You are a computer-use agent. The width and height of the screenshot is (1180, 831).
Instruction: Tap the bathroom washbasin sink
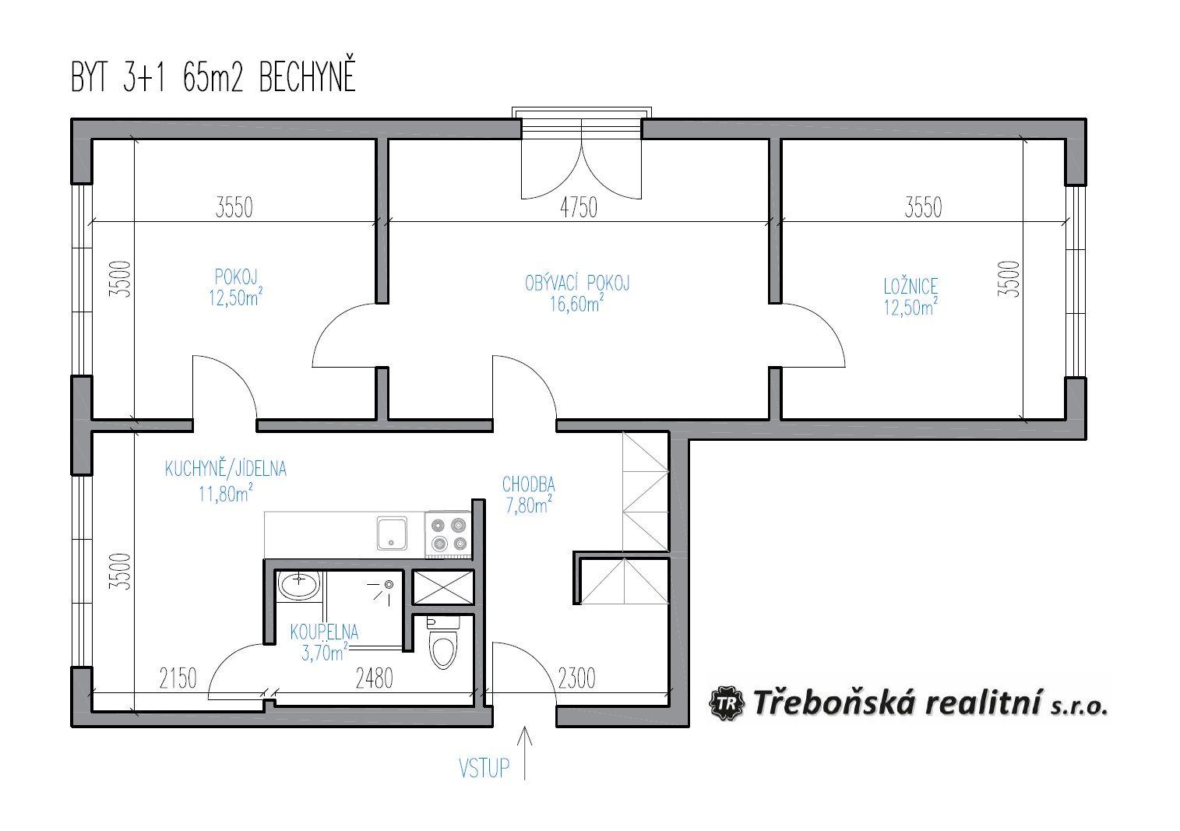coord(298,585)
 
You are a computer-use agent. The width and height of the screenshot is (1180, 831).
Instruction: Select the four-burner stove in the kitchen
coord(448,533)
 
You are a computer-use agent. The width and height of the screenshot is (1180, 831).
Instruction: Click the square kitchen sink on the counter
coord(392,533)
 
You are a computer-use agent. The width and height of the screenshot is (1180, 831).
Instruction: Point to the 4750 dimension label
coord(579,207)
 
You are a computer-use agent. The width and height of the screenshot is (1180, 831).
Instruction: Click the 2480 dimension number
coord(374,678)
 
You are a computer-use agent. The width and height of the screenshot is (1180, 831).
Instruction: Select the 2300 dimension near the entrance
coord(576,678)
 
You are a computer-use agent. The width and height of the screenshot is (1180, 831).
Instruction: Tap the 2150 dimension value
coord(178,678)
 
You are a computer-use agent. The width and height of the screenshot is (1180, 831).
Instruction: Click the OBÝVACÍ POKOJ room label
coord(577,283)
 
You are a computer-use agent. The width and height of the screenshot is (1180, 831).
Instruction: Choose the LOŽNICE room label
coord(911,287)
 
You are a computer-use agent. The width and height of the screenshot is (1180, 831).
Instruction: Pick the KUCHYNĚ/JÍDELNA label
coord(225,469)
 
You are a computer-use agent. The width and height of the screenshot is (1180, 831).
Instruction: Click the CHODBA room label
coord(528,484)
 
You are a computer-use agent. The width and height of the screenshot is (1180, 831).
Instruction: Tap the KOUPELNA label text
coord(324,632)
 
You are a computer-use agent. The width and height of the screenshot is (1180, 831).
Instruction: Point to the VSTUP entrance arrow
coord(525,752)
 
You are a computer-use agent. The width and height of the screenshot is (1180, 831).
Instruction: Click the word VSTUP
coord(484,769)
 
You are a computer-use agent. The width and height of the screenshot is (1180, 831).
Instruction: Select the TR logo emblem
coord(727,703)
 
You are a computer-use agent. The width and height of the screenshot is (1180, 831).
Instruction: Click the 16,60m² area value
coord(577,304)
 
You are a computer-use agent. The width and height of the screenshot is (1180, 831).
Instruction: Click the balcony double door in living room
coord(582,159)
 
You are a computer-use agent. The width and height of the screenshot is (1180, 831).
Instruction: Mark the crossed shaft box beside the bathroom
coord(443,587)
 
